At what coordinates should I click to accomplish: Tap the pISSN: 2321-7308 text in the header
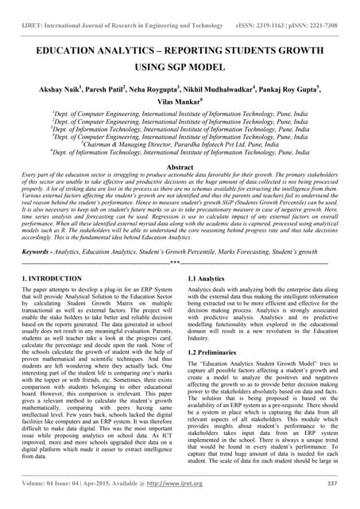[x=313, y=14]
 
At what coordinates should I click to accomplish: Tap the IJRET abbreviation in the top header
[x=28, y=14]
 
